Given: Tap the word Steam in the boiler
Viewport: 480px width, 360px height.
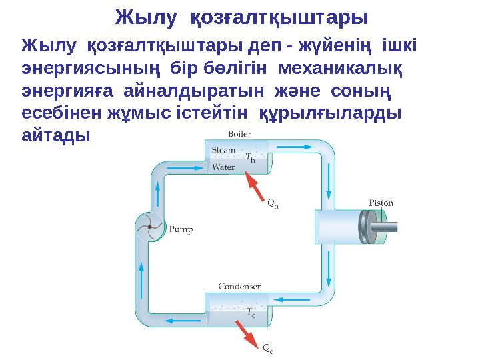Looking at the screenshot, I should click(223, 150).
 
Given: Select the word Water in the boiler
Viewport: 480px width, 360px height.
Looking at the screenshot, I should click(223, 167).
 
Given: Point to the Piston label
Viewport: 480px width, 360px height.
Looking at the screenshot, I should click(382, 203).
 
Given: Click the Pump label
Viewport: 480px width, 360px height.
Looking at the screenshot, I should click(181, 229).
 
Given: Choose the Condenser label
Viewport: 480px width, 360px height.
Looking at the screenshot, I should click(239, 287).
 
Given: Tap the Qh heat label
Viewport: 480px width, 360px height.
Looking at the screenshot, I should click(273, 205).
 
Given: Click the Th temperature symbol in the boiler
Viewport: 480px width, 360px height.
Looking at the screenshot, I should click(250, 158).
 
